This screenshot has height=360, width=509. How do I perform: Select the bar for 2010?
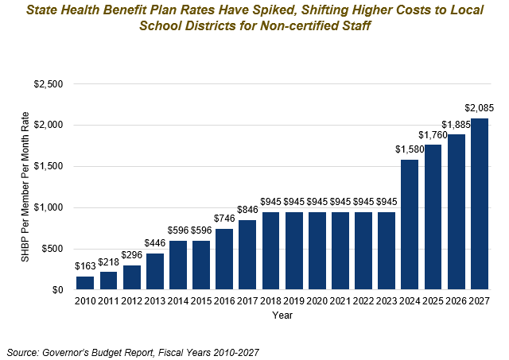pyautogui.click(x=85, y=283)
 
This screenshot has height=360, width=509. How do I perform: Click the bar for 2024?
pyautogui.click(x=410, y=225)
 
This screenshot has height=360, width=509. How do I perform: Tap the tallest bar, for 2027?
pyautogui.click(x=480, y=204)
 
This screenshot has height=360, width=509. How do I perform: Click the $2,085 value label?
pyautogui.click(x=480, y=108)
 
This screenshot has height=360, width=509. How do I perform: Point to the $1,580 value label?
pyautogui.click(x=410, y=149)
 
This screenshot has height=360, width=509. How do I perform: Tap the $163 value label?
pyautogui.click(x=85, y=266)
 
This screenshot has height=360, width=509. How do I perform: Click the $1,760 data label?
pyautogui.click(x=433, y=134)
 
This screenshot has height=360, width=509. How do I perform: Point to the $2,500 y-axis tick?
pyautogui.click(x=50, y=83)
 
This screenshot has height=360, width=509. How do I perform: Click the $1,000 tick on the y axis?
pyautogui.click(x=50, y=207)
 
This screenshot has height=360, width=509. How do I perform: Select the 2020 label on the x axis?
pyautogui.click(x=317, y=302)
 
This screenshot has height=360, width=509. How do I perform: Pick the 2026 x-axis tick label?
pyautogui.click(x=457, y=302)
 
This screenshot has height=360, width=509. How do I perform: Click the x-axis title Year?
pyautogui.click(x=282, y=315)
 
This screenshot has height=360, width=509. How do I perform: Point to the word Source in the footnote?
pyautogui.click(x=25, y=350)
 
